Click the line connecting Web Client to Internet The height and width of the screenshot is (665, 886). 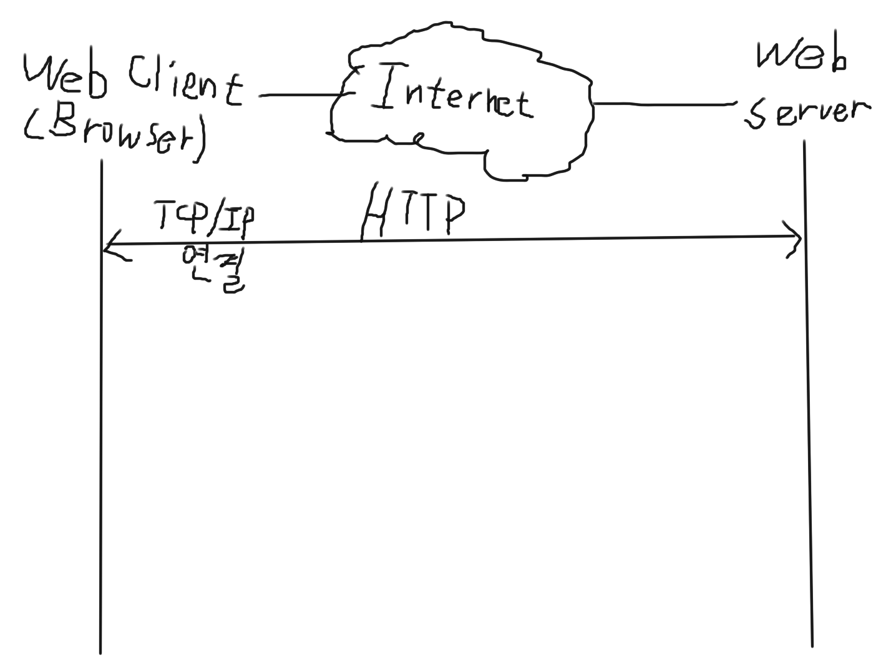(299, 96)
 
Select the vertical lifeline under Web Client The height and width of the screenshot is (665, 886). (100, 437)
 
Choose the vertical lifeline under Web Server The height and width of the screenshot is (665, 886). (808, 437)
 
